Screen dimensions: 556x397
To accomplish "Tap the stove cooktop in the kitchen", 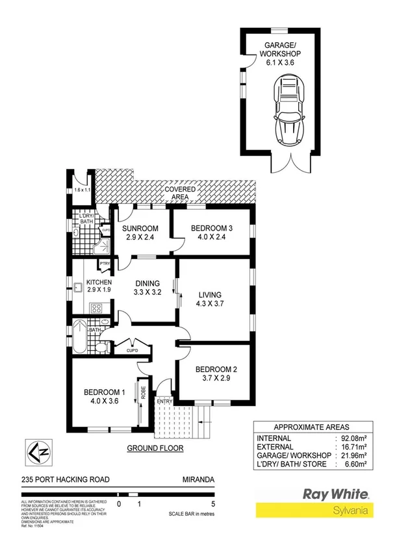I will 97,307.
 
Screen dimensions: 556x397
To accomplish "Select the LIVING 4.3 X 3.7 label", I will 210,299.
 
